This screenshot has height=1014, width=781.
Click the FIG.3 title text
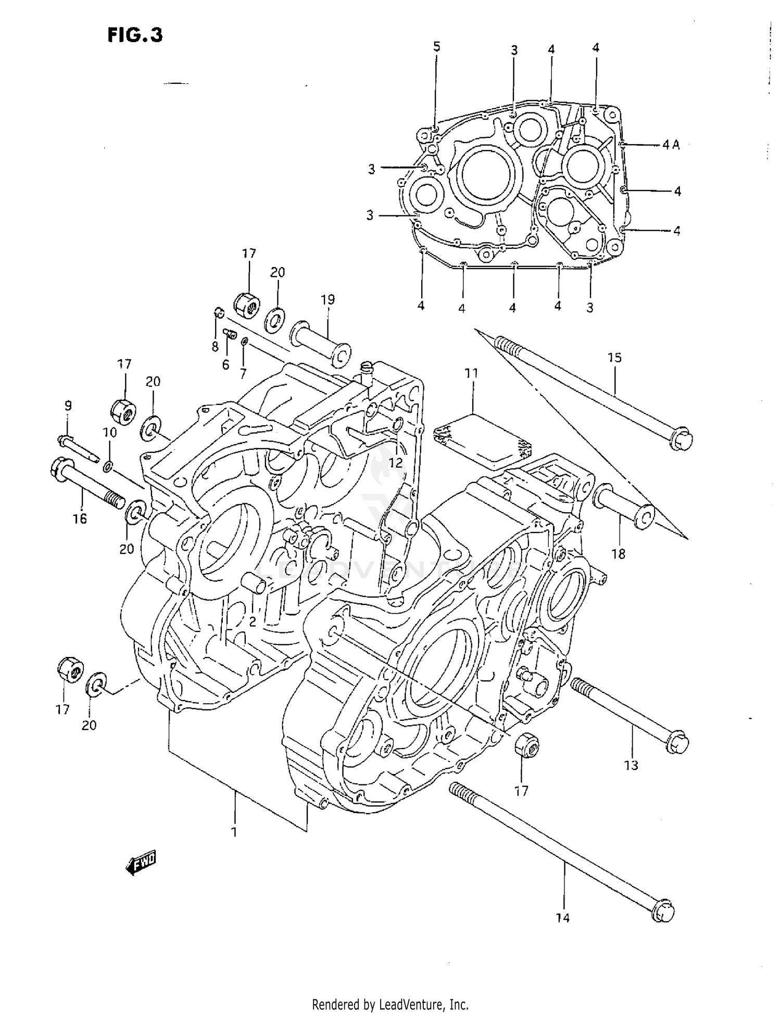[135, 35]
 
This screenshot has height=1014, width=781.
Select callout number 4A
[671, 145]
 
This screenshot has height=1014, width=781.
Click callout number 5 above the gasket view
[436, 47]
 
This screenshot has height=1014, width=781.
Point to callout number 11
[471, 373]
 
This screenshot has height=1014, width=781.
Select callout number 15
[614, 358]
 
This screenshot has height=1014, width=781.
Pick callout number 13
[631, 765]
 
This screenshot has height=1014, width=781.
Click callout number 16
[80, 518]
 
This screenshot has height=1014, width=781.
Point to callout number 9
[68, 405]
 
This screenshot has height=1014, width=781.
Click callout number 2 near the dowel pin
[252, 621]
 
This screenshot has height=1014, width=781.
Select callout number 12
[396, 462]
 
